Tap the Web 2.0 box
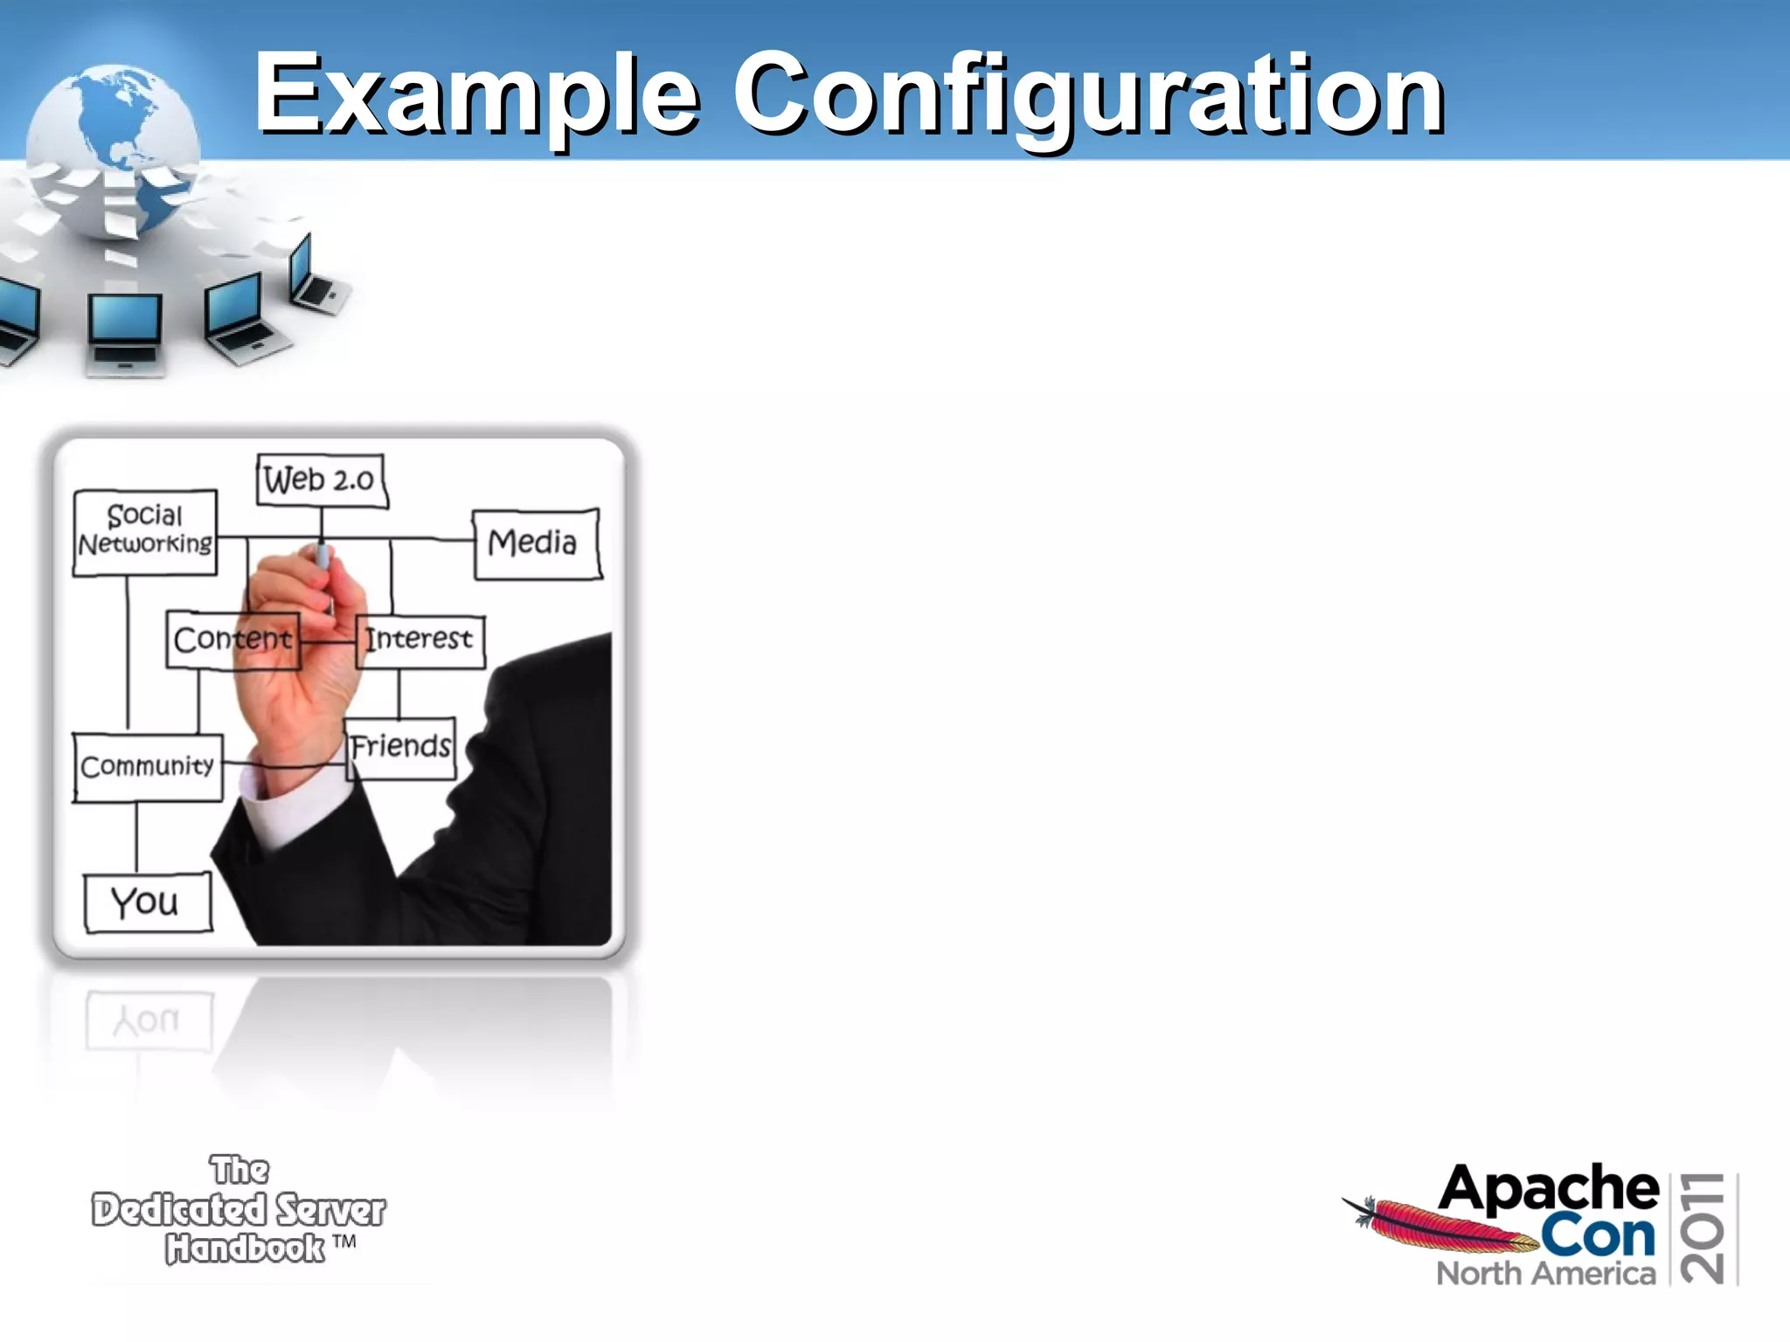coord(321,480)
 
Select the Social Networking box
coord(145,531)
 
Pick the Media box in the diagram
coord(536,543)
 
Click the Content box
coord(232,640)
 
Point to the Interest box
coord(420,640)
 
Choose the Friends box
coord(401,747)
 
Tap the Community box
coord(148,767)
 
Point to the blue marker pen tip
coord(323,556)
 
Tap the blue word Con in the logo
coord(1598,1235)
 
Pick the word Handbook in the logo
coord(246,1249)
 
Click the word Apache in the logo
coord(1548,1188)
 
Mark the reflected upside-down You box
coord(149,1020)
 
